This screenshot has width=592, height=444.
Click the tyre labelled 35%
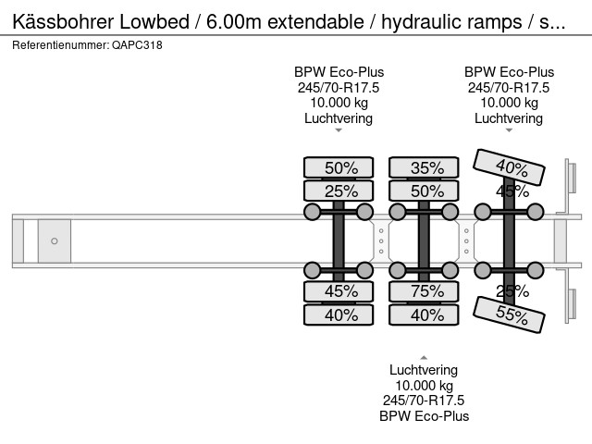click(423, 167)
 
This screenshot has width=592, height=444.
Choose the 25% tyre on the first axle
click(339, 191)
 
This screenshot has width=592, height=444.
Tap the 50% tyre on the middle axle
click(423, 191)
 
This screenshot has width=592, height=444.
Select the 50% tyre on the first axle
click(339, 167)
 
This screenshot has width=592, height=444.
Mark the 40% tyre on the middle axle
click(423, 314)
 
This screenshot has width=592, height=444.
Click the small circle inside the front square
click(55, 241)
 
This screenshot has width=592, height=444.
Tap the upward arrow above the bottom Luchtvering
click(424, 357)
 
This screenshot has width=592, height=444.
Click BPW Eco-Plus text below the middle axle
click(424, 415)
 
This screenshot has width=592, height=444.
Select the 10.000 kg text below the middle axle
click(424, 385)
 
